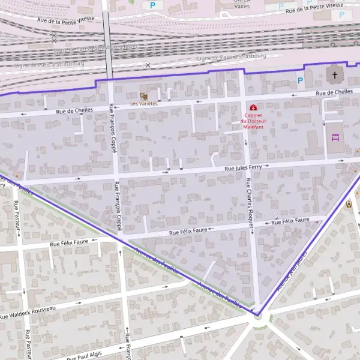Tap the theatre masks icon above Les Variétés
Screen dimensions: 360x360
pyautogui.click(x=143, y=96)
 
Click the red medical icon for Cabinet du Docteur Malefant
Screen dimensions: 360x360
pyautogui.click(x=253, y=107)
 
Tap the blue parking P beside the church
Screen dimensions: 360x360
pyautogui.click(x=300, y=80)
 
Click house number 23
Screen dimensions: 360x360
pyautogui.click(x=338, y=105)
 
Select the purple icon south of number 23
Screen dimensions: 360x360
pyautogui.click(x=335, y=137)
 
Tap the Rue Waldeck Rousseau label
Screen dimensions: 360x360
pyautogui.click(x=28, y=313)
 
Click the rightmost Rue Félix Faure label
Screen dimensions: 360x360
pyautogui.click(x=290, y=222)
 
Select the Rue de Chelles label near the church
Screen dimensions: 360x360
pyautogui.click(x=334, y=92)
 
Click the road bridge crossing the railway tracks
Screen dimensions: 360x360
pyautogui.click(x=107, y=45)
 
